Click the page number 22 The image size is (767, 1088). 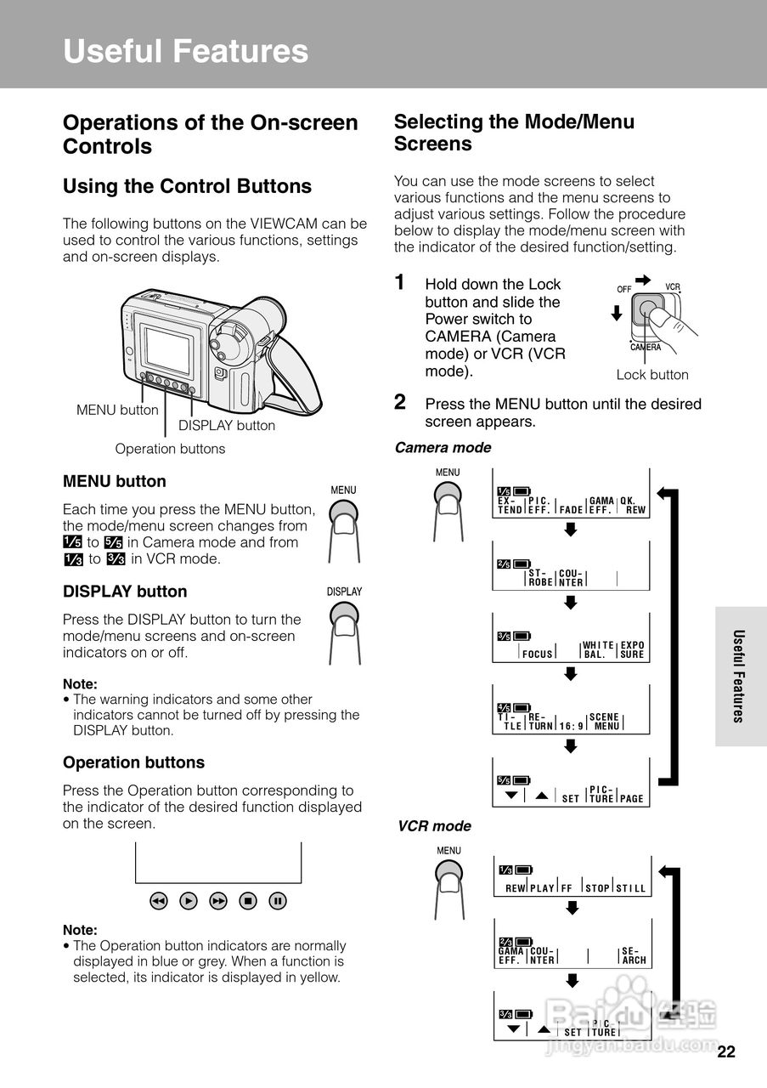[725, 1052]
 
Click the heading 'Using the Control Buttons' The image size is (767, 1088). [188, 187]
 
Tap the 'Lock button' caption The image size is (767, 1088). [652, 375]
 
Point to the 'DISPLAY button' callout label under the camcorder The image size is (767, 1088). [226, 426]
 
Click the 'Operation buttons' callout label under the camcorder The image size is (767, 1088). [170, 449]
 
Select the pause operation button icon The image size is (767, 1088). [278, 901]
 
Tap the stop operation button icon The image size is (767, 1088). [248, 901]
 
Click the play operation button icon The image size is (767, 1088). [189, 901]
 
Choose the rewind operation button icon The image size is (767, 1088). [159, 901]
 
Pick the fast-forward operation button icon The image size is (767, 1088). [218, 901]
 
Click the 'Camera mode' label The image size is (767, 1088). [443, 448]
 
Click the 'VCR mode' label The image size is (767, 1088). [434, 826]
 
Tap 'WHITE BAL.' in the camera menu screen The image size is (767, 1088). [599, 650]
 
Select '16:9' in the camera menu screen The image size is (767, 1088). [572, 727]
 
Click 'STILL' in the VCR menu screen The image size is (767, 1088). [631, 889]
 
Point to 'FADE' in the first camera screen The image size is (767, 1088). [572, 509]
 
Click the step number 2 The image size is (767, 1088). [400, 402]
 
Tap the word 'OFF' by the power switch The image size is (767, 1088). [624, 289]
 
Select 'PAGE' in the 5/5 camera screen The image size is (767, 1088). [632, 799]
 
